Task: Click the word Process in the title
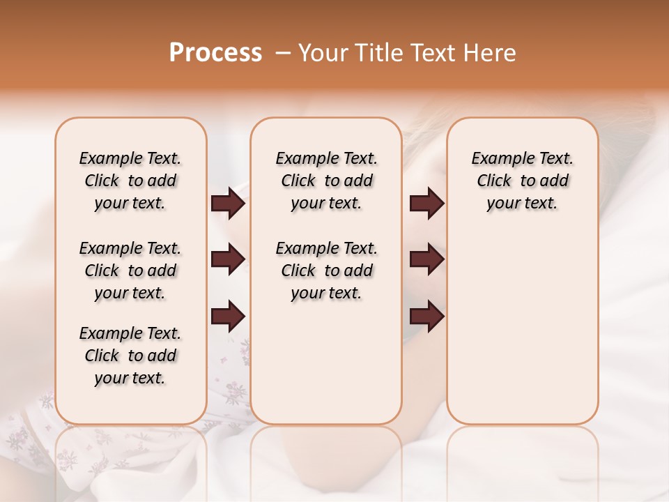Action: [x=215, y=53]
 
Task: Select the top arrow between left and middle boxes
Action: [x=228, y=204]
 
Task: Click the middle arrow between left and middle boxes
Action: [x=228, y=260]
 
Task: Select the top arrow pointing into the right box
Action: [x=426, y=204]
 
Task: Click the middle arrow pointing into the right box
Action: [x=426, y=260]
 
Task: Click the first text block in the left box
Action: [x=130, y=181]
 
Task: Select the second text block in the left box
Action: [x=130, y=271]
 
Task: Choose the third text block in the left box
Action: [x=130, y=356]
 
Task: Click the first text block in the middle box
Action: [x=326, y=181]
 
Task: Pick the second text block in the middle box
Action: [x=326, y=271]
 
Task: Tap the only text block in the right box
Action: [x=522, y=181]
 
